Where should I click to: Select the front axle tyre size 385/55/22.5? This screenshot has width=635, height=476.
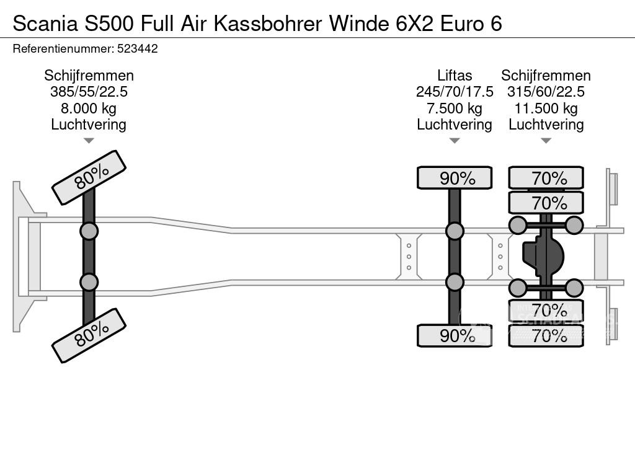89,92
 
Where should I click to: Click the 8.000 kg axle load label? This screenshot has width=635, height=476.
89,108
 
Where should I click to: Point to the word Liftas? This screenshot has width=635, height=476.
455,76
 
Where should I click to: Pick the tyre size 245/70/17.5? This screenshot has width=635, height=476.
455,92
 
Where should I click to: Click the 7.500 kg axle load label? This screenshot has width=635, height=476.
455,108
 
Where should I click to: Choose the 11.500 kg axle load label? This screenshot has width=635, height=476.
546,108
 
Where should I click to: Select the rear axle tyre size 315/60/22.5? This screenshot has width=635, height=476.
546,92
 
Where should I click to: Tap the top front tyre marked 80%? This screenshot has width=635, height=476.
89,177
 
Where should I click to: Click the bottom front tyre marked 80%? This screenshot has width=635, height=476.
89,335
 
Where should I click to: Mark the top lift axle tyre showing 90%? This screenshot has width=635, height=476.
455,178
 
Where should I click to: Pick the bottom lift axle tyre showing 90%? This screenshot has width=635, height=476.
455,336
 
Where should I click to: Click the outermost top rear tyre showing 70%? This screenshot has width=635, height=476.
546,178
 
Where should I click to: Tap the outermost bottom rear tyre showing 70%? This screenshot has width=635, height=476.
546,337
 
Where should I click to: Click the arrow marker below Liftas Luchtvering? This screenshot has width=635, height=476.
455,141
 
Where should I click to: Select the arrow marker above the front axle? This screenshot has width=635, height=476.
89,141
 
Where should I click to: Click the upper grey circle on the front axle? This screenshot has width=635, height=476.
89,231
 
